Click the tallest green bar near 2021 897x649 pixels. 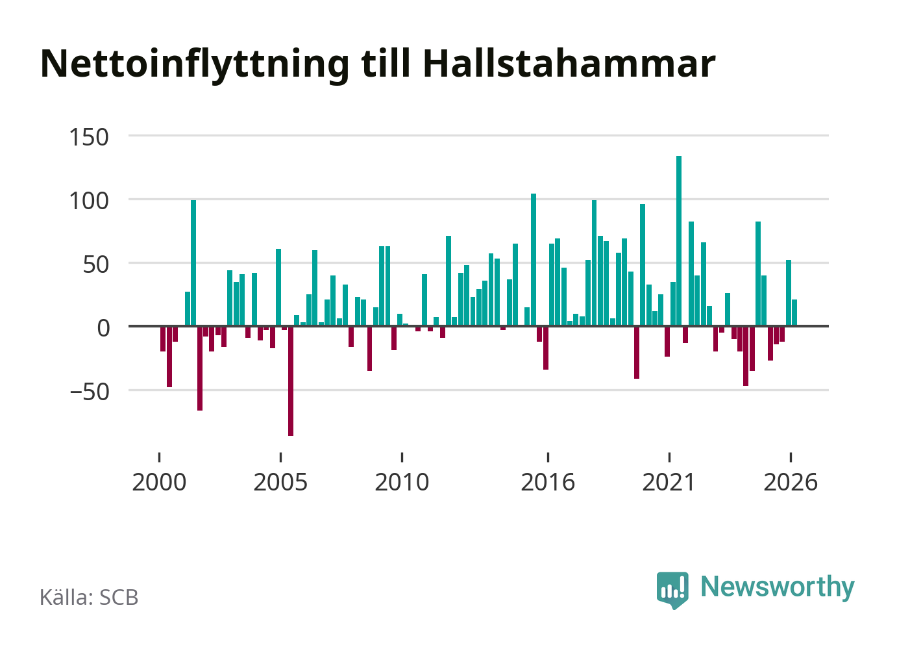pyautogui.click(x=679, y=241)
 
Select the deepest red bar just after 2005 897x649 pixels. pyautogui.click(x=291, y=381)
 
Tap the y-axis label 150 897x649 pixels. pyautogui.click(x=89, y=137)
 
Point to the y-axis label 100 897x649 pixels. pyautogui.click(x=89, y=201)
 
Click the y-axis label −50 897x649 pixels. pyautogui.click(x=90, y=392)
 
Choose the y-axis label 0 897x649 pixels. pyautogui.click(x=103, y=328)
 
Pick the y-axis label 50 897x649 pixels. pyautogui.click(x=95, y=264)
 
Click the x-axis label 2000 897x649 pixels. pyautogui.click(x=159, y=482)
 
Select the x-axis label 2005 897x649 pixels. pyautogui.click(x=280, y=482)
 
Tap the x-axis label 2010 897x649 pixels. pyautogui.click(x=402, y=482)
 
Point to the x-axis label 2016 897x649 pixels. pyautogui.click(x=548, y=482)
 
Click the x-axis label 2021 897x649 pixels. pyautogui.click(x=669, y=482)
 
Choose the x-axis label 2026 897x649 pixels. pyautogui.click(x=791, y=482)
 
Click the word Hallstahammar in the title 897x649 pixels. pyautogui.click(x=569, y=64)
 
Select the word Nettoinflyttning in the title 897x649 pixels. pyautogui.click(x=195, y=66)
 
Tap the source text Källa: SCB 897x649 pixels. pyautogui.click(x=89, y=597)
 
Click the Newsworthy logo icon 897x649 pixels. pyautogui.click(x=672, y=590)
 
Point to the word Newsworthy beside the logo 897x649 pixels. pyautogui.click(x=778, y=588)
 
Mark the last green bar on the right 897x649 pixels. pyautogui.click(x=794, y=312)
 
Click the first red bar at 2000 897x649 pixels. pyautogui.click(x=162, y=339)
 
